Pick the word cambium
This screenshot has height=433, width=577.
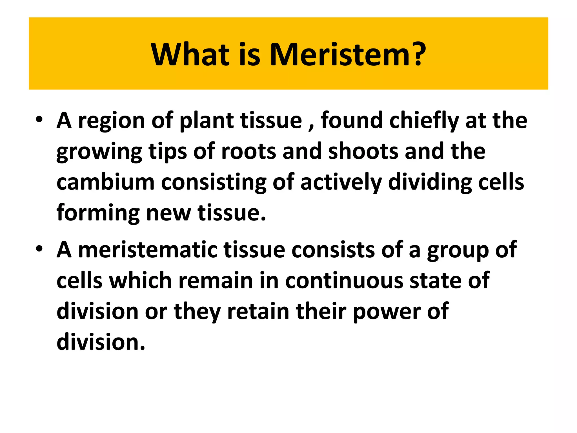click(x=105, y=182)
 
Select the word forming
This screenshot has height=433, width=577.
click(x=98, y=213)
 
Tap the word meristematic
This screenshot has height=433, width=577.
click(x=148, y=250)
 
